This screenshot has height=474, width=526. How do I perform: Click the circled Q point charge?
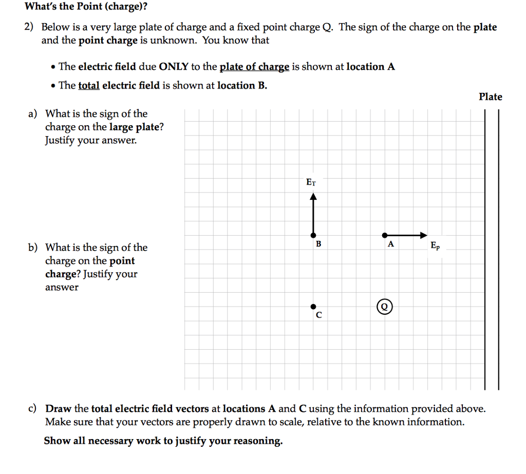click(x=385, y=307)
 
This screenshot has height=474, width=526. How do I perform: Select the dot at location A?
click(x=385, y=235)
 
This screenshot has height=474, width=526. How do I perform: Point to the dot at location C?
click(x=313, y=307)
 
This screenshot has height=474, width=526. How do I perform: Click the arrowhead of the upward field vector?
click(x=313, y=196)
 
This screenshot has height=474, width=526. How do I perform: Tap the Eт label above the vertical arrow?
click(x=311, y=182)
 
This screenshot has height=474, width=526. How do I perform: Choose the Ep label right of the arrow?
click(x=435, y=245)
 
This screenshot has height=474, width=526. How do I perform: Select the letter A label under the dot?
click(x=390, y=244)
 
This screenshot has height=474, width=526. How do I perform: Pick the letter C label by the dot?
click(x=319, y=315)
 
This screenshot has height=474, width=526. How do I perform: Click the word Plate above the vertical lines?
click(x=490, y=97)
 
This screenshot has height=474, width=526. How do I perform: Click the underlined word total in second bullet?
click(x=88, y=86)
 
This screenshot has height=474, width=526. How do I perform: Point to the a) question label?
click(x=33, y=113)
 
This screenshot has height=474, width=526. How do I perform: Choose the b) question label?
click(x=33, y=248)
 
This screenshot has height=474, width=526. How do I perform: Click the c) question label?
click(x=32, y=409)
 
